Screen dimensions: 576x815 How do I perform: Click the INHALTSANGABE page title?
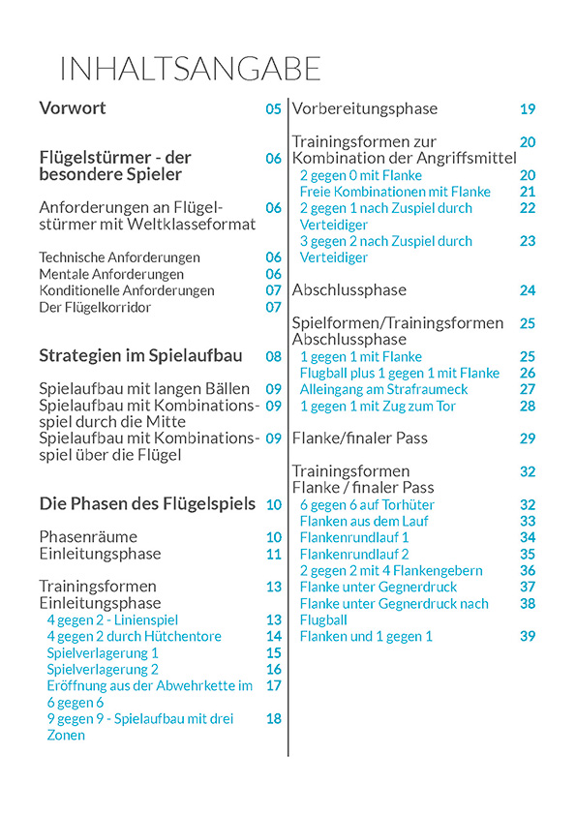point(190,70)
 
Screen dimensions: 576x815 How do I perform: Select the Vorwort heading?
point(73,108)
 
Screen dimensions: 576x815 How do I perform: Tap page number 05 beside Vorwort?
point(273,109)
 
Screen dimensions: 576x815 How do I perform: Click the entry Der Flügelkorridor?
point(95,307)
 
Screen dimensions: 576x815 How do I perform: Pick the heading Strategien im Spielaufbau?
point(140,355)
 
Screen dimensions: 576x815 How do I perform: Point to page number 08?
point(273,356)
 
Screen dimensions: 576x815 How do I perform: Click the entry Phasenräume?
point(88,537)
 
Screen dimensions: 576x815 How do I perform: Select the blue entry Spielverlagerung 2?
point(103,669)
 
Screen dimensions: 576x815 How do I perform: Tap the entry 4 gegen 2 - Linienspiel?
point(112,619)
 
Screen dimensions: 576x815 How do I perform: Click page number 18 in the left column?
point(273,718)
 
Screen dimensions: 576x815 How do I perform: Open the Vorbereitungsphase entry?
point(365,108)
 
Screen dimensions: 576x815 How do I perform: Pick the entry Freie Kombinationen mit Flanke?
point(395,192)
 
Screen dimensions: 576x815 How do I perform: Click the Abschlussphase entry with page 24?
point(349,289)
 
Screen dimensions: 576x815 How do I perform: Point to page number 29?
point(528,438)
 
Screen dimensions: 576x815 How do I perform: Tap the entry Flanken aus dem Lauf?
point(364,521)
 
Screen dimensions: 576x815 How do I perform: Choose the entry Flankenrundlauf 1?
point(354,537)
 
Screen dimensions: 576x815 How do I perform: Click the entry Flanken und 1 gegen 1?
point(366,636)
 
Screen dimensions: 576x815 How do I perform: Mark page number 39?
point(528,636)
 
